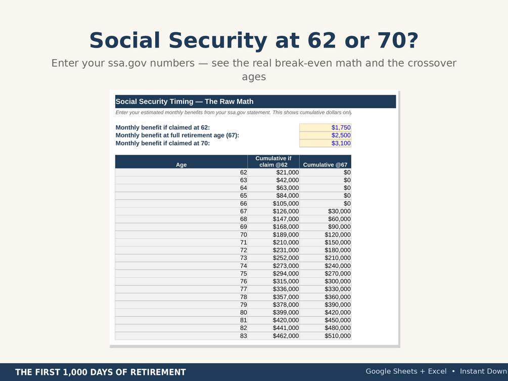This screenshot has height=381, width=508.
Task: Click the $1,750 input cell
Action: (x=326, y=128)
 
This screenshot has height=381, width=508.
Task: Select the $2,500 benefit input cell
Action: (x=326, y=135)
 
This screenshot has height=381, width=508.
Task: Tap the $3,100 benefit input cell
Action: (x=326, y=143)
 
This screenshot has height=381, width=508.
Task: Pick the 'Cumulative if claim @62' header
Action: (x=273, y=162)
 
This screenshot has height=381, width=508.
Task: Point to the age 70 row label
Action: (x=244, y=234)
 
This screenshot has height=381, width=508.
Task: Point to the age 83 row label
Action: (x=244, y=336)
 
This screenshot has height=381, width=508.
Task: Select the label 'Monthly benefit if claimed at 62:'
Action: (x=163, y=128)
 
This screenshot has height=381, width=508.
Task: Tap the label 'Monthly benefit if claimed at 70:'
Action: (x=163, y=143)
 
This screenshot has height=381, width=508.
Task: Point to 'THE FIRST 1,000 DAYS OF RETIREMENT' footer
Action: (x=101, y=372)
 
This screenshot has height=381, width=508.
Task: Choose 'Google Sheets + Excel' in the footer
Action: (x=406, y=371)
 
